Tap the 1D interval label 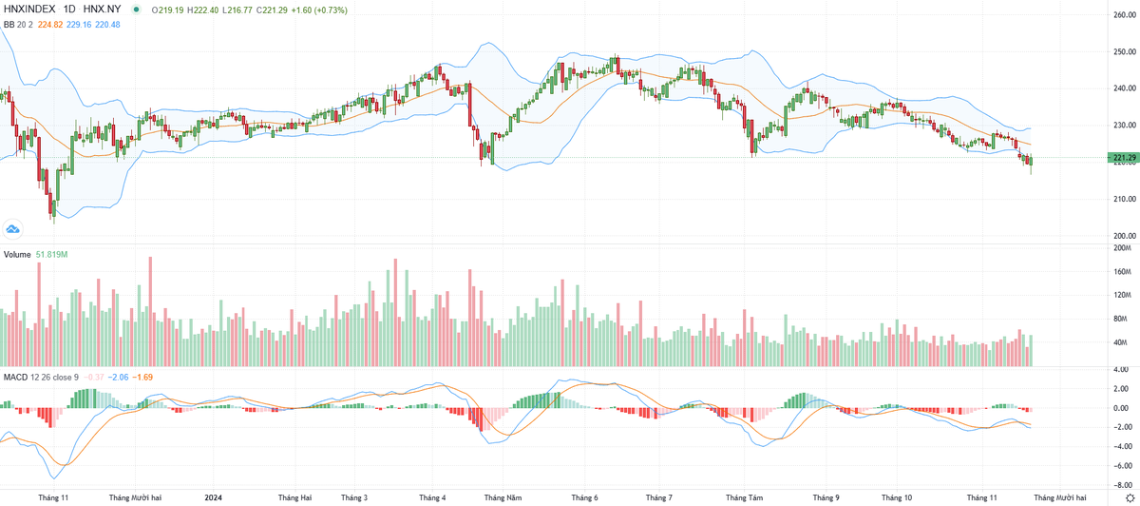click(69, 10)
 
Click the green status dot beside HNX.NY click(138, 10)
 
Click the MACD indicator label click(15, 378)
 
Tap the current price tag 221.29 click(1121, 157)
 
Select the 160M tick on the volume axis click(1123, 271)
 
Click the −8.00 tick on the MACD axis click(1120, 483)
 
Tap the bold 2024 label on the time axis click(215, 497)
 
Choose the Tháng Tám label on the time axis click(743, 497)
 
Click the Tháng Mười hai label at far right click(1058, 497)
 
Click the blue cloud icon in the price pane click(13, 228)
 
